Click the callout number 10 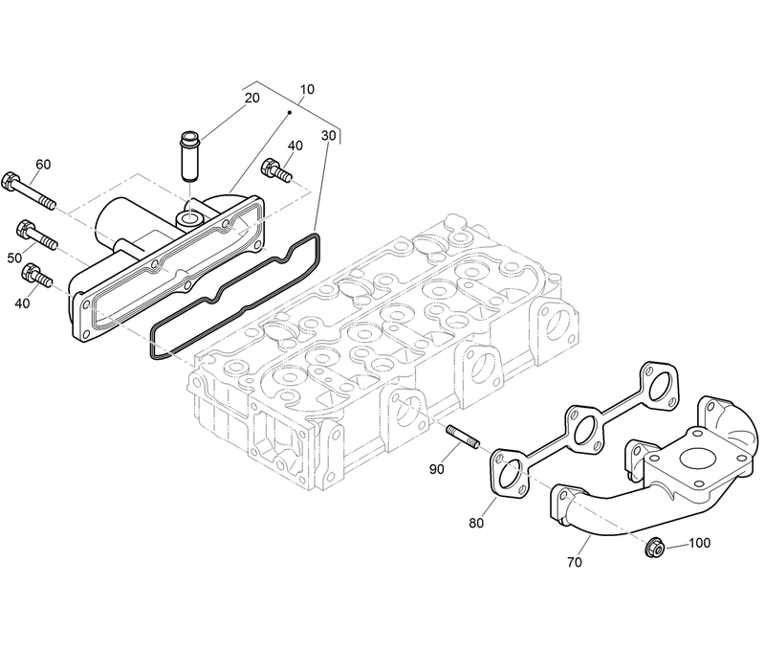tap(306, 90)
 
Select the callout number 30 tap(328, 135)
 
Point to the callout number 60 tap(43, 164)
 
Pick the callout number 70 tap(574, 562)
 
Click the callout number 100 tap(700, 543)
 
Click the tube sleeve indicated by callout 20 tap(189, 155)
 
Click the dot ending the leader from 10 tap(292, 111)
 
